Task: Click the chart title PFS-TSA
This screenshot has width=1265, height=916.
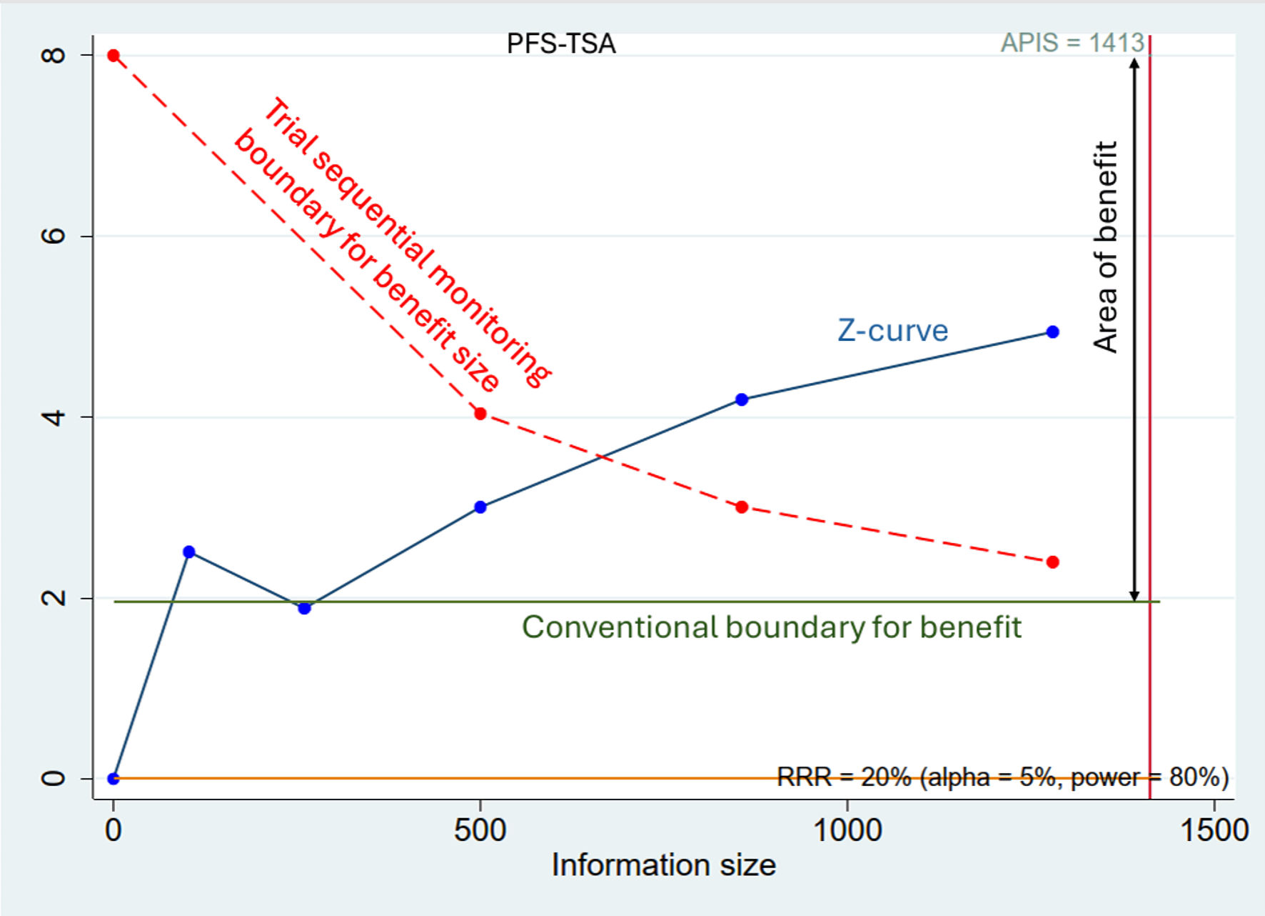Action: click(560, 44)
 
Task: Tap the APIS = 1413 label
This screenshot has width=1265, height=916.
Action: click(1072, 43)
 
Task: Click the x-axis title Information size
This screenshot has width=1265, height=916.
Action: click(663, 865)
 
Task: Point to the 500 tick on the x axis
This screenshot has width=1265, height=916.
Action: click(480, 830)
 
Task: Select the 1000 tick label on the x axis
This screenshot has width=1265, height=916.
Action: click(847, 830)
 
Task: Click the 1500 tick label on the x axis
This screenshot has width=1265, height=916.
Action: click(1214, 830)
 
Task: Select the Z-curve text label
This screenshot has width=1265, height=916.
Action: click(892, 331)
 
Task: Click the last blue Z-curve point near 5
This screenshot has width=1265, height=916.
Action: click(1052, 332)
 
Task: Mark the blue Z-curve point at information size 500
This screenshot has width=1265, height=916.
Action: click(480, 507)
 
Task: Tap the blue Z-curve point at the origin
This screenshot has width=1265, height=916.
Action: click(114, 778)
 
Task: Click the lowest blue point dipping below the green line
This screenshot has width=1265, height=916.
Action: click(305, 608)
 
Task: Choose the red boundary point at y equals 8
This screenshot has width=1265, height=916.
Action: click(114, 56)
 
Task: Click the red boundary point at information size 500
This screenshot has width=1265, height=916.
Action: click(480, 414)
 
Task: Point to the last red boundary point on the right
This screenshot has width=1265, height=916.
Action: click(1052, 562)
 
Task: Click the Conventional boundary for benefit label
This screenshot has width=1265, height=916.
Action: click(771, 627)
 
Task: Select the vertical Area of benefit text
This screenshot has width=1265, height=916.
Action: click(1105, 247)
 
